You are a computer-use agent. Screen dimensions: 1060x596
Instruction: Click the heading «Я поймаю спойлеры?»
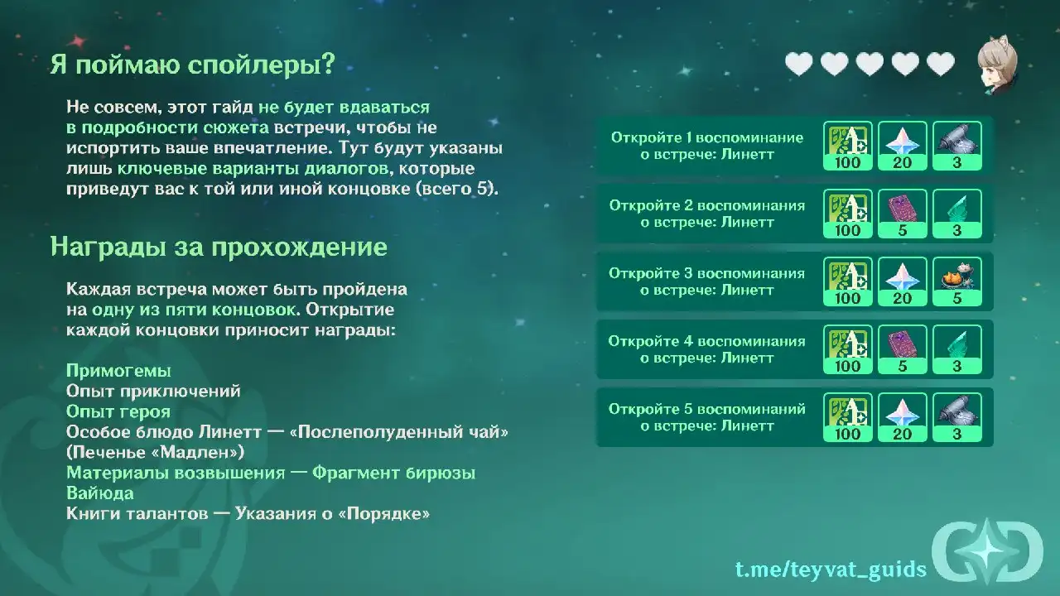click(x=193, y=64)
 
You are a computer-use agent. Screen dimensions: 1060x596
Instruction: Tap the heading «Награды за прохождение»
click(x=219, y=247)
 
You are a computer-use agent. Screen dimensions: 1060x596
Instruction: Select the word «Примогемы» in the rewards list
click(x=118, y=371)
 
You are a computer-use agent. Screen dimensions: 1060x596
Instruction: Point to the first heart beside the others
click(x=799, y=64)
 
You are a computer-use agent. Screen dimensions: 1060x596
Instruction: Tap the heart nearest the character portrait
click(x=940, y=64)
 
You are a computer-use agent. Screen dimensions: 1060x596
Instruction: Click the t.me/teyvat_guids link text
click(x=831, y=569)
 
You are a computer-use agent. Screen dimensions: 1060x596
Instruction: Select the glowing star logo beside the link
click(x=988, y=551)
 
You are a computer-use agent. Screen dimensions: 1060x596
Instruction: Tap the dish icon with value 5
click(x=956, y=281)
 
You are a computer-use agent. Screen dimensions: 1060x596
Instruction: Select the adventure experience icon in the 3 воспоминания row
click(x=847, y=281)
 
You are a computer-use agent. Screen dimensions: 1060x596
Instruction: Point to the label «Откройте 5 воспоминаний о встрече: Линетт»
click(x=707, y=417)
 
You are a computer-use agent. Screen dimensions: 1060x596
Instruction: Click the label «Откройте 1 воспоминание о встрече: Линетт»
click(x=707, y=146)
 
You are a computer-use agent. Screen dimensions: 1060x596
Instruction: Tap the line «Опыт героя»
click(x=118, y=411)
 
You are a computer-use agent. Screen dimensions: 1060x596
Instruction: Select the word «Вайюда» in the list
click(x=100, y=493)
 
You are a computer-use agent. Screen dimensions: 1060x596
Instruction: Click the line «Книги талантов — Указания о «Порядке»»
click(x=248, y=514)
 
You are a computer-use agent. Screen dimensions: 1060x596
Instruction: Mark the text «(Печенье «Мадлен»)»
click(x=155, y=453)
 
